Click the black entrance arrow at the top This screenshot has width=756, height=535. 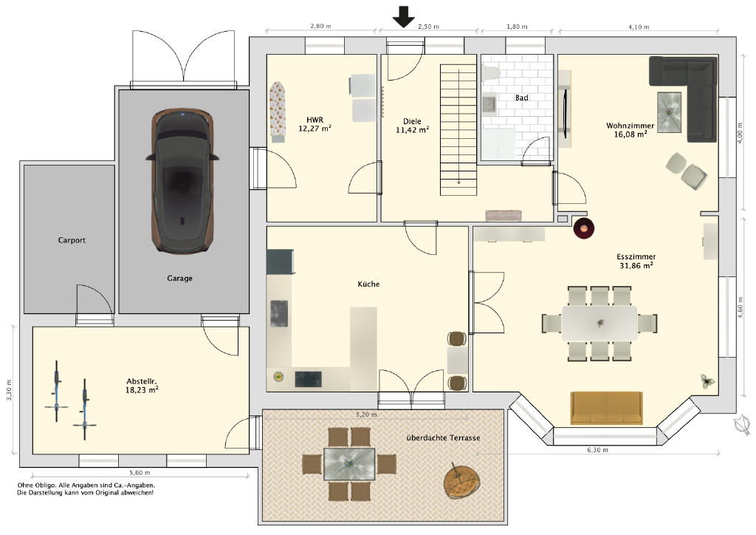pos(403,16)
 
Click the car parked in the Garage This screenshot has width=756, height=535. pos(183,180)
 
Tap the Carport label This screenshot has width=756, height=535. pos(72,240)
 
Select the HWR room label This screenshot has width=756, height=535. pos(315,120)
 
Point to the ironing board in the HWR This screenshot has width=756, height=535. pos(278,112)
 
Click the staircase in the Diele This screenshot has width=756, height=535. pos(458,130)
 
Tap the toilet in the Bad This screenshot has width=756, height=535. pos(491,73)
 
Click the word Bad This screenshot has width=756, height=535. pos(522,98)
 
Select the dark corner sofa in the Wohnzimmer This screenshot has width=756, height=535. pos(683,98)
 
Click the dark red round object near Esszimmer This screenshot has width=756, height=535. pos(583,228)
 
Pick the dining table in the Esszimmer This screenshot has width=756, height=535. pos(599,323)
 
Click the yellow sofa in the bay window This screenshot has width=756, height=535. pos(607,408)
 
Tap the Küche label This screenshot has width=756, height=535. pos(368,284)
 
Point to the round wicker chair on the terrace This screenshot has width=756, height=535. pos(462,482)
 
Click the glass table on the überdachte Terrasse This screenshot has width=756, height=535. pos(349,464)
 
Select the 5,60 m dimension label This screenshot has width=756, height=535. pos(140,473)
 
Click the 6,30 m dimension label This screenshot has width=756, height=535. pos(597,450)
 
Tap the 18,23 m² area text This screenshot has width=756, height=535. pos(142,389)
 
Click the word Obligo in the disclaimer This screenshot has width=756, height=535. pos(45,485)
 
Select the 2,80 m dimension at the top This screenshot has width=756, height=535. pos(320,26)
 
